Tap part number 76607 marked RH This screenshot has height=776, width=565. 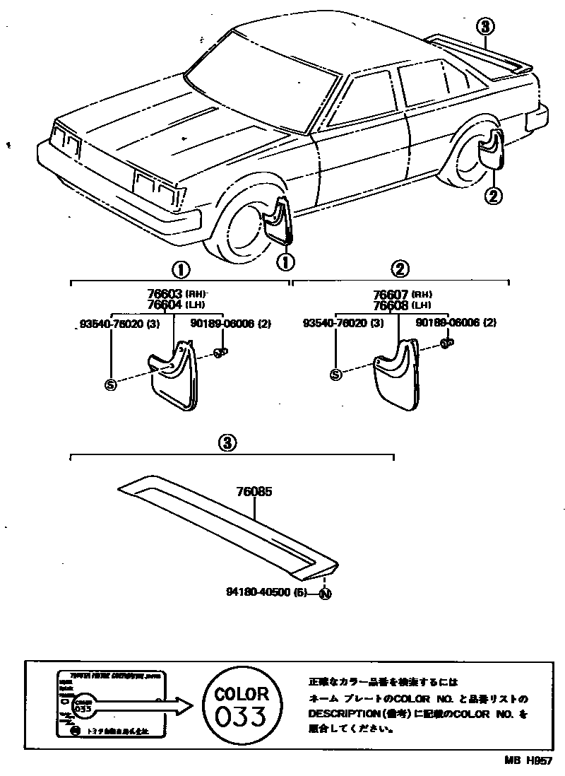point(390,294)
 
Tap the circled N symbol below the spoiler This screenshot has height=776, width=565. point(325,594)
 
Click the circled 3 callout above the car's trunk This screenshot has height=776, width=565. point(484,27)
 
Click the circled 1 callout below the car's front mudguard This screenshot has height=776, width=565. point(285,261)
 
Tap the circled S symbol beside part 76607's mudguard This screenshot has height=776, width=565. point(335,375)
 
